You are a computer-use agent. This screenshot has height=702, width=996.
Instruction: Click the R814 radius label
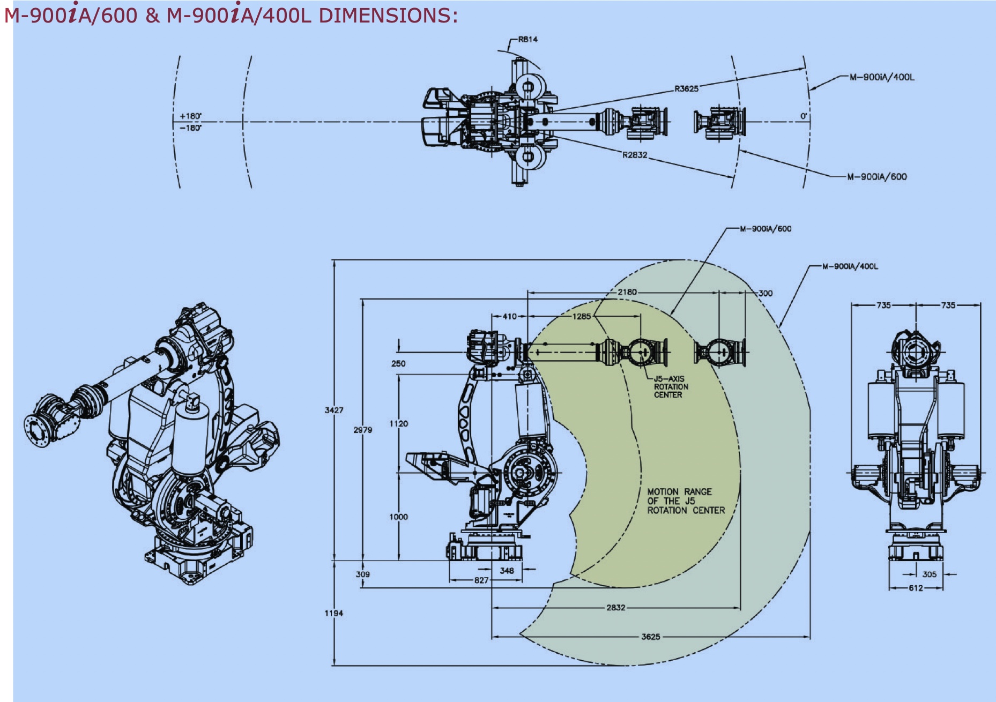[527, 40]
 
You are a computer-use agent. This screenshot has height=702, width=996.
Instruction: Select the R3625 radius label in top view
[686, 89]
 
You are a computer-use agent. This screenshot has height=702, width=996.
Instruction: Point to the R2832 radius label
[635, 155]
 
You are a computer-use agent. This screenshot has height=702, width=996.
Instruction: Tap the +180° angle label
[190, 116]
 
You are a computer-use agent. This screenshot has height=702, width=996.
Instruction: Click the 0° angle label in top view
[804, 116]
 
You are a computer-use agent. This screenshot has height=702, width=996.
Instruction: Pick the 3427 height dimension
[334, 410]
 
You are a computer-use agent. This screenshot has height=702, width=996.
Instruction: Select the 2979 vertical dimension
[363, 430]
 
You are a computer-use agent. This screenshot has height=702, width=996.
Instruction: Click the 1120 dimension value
[398, 424]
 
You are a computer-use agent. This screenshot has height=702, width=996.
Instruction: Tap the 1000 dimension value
[398, 517]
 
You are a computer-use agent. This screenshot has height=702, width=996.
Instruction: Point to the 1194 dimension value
[333, 613]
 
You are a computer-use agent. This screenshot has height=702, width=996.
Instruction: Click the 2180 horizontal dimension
[627, 293]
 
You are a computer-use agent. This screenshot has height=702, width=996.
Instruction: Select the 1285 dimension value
[581, 317]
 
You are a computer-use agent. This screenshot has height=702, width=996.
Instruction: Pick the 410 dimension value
[509, 317]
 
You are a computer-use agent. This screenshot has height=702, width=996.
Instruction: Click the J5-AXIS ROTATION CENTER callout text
[671, 387]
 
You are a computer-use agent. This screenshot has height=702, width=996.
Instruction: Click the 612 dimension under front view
[916, 588]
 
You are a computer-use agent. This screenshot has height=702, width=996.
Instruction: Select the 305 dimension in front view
[929, 574]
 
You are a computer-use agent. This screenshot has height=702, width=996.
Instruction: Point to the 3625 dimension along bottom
[650, 637]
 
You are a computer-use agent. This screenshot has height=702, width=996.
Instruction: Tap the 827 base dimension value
[481, 580]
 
